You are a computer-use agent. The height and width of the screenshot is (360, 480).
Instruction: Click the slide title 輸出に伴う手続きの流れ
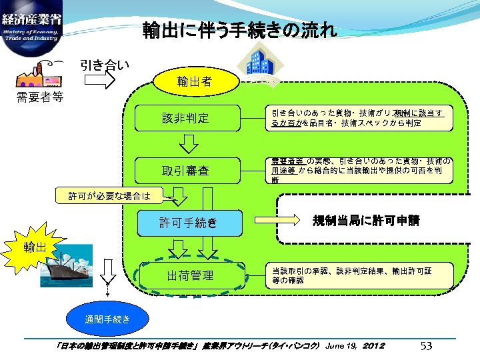pos(240,31)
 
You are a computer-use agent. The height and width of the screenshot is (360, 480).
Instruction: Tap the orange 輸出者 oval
pos(195,82)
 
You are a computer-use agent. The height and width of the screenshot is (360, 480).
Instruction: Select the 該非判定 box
pos(185,118)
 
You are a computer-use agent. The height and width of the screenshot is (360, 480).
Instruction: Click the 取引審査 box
pos(185,171)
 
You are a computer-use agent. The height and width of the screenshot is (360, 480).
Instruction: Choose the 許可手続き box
pos(189,223)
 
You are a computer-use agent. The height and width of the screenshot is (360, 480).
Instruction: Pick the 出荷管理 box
pos(190,275)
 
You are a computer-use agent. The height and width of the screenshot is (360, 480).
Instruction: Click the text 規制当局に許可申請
pos(367,221)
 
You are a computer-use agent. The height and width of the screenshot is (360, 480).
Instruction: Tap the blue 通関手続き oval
pos(107,320)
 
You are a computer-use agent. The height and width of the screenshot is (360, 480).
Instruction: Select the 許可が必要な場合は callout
pos(109,196)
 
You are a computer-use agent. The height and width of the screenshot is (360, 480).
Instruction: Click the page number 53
pos(427,345)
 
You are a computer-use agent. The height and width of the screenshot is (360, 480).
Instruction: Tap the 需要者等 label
pos(40,98)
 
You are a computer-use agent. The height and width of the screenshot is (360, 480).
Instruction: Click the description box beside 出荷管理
pos(360,275)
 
